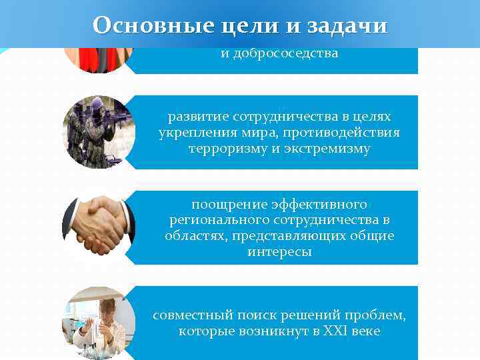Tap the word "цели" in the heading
pos(239,25)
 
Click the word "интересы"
pos(279,252)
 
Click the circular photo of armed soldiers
pos(99,132)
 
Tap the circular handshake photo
pos(99,227)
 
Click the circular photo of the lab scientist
pos(99,323)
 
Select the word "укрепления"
pos(189,132)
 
